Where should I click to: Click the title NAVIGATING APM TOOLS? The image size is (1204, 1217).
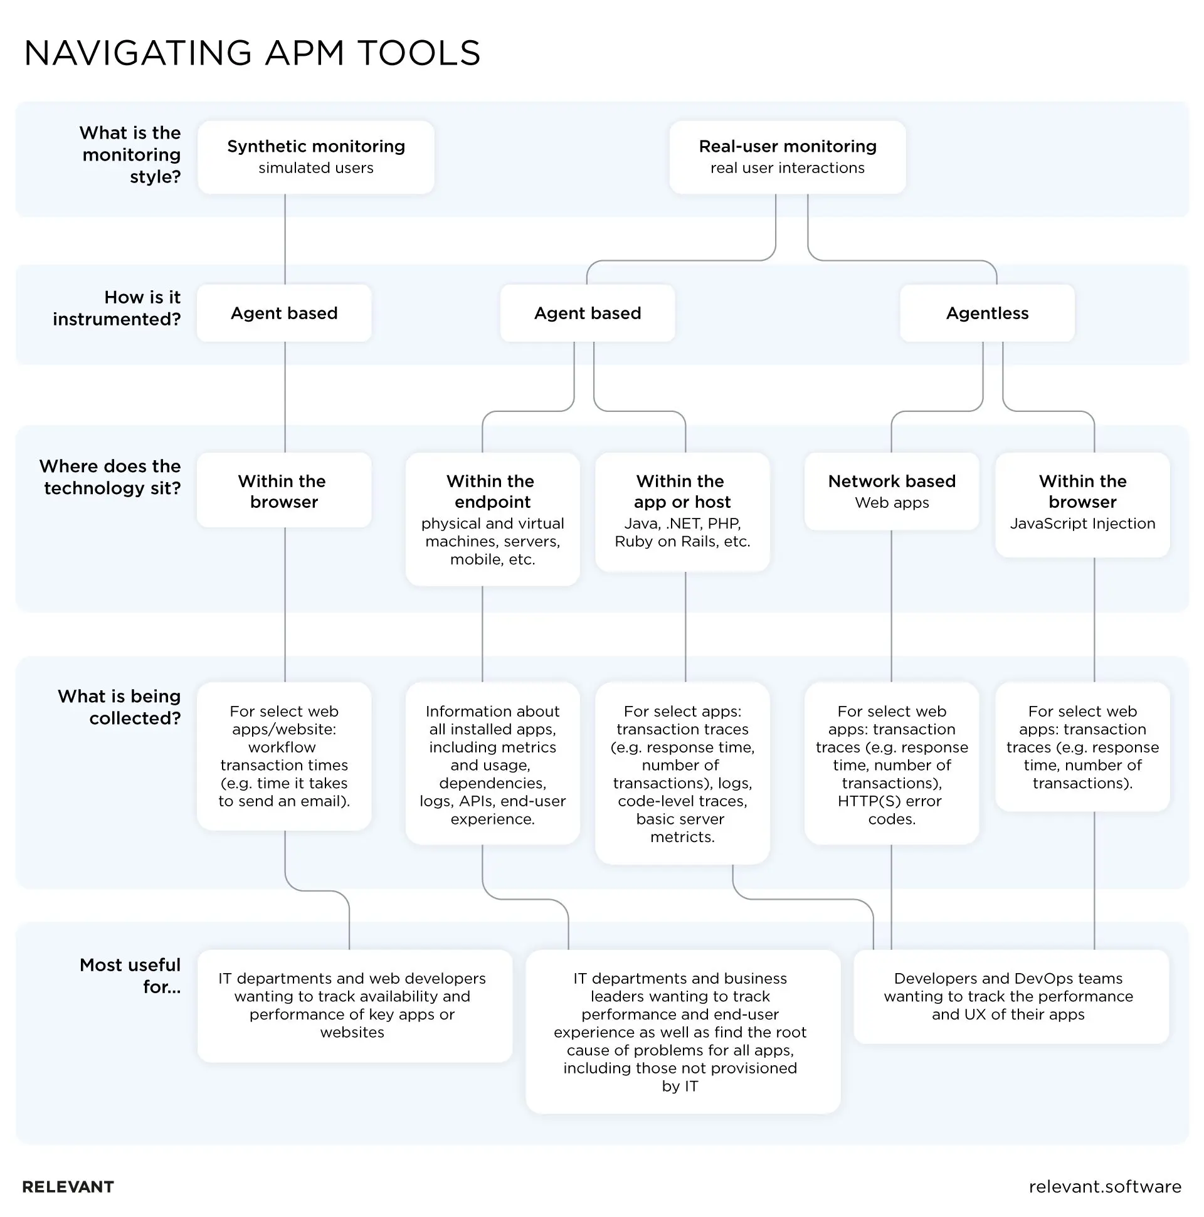252,53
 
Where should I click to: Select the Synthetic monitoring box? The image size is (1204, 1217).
315,157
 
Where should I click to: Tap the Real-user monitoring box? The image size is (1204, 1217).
787,157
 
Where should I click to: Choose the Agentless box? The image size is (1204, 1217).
986,313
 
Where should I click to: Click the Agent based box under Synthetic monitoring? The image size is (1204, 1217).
283,313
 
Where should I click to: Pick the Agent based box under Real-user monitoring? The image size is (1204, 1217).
587,313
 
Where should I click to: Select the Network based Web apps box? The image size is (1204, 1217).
891,492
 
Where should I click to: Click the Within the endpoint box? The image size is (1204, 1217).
492,519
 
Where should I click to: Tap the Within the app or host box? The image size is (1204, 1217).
682,512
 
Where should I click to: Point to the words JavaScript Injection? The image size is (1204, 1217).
1082,524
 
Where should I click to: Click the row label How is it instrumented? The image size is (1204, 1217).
117,308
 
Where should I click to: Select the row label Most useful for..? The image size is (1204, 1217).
130,975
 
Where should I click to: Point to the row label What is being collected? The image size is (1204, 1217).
119,707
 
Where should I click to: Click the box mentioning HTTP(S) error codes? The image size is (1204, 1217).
891,764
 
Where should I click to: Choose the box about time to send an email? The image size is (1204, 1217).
283,756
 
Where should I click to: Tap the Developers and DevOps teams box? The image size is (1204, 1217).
1010,996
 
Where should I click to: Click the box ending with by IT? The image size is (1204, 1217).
682,1032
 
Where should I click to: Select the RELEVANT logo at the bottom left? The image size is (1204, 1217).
68,1187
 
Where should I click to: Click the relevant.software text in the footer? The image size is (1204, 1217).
1104,1187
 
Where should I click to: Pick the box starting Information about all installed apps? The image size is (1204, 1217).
492,764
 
